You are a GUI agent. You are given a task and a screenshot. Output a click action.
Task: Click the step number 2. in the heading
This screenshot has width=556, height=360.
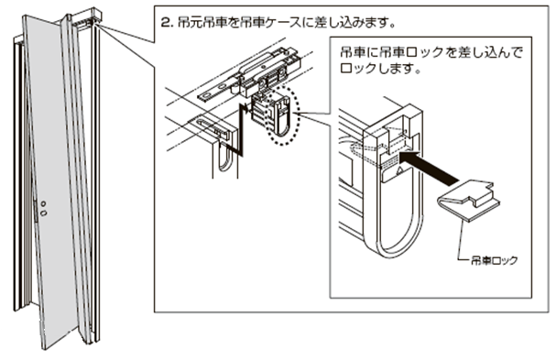coord(167,23)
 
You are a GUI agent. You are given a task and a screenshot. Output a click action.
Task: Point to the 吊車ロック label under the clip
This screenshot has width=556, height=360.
coord(495,261)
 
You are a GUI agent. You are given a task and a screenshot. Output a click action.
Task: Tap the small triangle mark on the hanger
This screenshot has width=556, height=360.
coord(399,171)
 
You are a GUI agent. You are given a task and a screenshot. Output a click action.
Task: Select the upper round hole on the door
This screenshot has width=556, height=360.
coord(43,204)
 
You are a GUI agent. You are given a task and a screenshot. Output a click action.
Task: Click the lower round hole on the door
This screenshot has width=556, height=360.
coord(44,213)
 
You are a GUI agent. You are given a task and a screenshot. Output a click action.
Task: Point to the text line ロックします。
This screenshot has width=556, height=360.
coord(380,69)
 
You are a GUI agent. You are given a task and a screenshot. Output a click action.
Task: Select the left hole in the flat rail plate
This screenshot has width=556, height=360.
coord(207,95)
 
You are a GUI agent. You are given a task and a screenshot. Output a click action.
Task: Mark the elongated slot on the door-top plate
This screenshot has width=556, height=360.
coord(209,125)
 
